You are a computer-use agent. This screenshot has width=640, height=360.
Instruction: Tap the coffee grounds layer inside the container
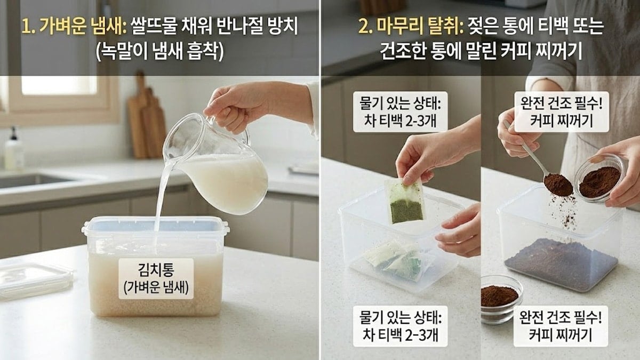point(560,264)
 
